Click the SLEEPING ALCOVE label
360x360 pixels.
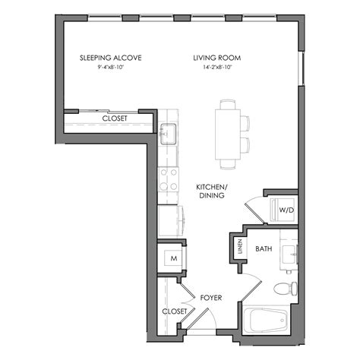(x=111, y=58)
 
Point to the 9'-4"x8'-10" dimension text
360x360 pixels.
(x=111, y=68)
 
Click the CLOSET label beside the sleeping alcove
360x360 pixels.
(x=115, y=118)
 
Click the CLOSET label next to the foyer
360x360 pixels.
(x=174, y=312)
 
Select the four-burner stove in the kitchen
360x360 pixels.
(x=169, y=181)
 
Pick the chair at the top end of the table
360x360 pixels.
(x=227, y=103)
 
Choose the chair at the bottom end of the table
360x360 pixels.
(x=228, y=163)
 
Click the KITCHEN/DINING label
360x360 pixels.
(x=209, y=191)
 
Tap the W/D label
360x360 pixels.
(x=286, y=209)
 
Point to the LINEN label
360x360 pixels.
(x=237, y=245)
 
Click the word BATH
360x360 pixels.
(x=264, y=248)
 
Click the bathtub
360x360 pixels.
(x=266, y=321)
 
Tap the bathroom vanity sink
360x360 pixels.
(x=289, y=255)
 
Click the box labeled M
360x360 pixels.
(x=173, y=258)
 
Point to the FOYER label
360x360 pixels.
(x=210, y=298)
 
